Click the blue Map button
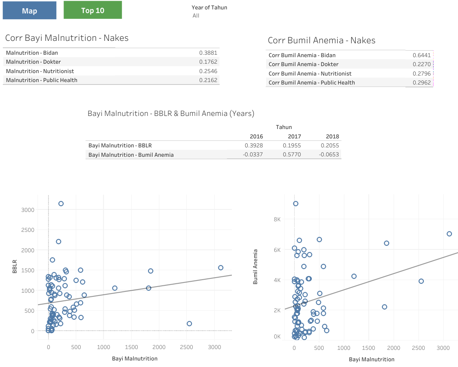(29, 11)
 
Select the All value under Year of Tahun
(196, 16)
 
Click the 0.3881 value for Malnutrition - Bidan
(208, 53)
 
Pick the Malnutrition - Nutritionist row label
(35, 71)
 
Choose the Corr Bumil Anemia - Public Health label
(312, 82)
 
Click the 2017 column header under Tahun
(294, 136)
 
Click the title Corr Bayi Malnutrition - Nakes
(67, 38)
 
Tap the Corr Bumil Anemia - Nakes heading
(321, 40)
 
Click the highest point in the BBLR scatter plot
(61, 203)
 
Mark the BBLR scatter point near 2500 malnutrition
(189, 323)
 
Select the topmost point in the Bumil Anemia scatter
(295, 203)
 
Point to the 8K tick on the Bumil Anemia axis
(277, 219)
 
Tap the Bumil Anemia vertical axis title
(255, 267)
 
